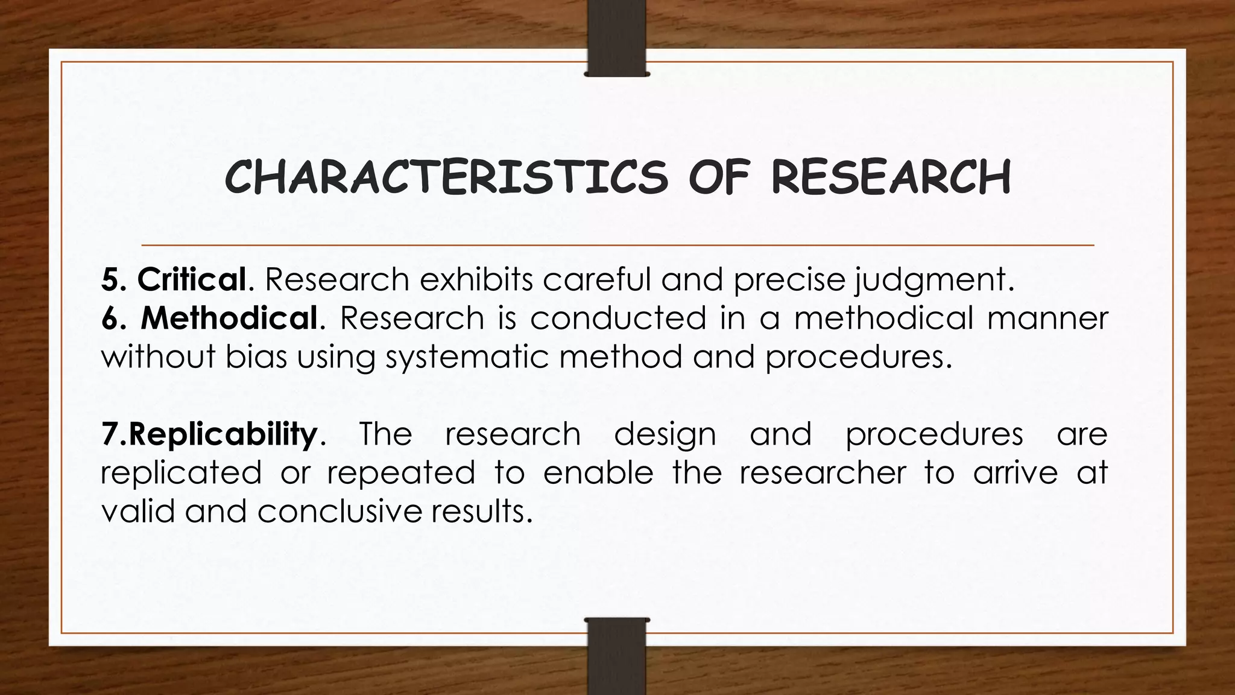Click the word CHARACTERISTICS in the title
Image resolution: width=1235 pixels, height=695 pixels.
446,177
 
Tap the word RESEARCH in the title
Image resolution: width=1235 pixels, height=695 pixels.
891,177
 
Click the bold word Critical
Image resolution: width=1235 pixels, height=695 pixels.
192,279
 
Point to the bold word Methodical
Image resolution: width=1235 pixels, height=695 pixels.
229,318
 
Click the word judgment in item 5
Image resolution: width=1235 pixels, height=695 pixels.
930,281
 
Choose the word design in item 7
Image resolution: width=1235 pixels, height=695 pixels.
665,435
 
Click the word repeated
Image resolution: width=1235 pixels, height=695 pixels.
401,473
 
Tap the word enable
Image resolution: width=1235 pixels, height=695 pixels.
598,472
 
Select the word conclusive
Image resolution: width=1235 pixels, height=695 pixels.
338,511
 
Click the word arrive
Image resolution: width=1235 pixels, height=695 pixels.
1015,472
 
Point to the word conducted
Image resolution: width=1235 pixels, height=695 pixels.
618,318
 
